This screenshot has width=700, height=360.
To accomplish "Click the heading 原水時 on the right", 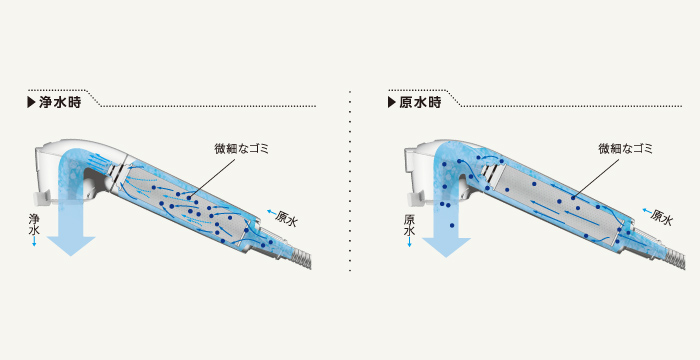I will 421,103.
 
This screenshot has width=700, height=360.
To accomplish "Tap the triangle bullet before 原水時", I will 393,103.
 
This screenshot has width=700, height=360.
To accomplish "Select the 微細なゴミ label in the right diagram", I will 625,148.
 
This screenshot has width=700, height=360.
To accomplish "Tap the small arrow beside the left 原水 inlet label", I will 271,212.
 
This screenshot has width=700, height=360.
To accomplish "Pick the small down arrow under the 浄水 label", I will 35,243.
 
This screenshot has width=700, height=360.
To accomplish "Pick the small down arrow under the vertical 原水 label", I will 410,243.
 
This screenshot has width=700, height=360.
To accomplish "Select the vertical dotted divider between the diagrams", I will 350,180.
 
